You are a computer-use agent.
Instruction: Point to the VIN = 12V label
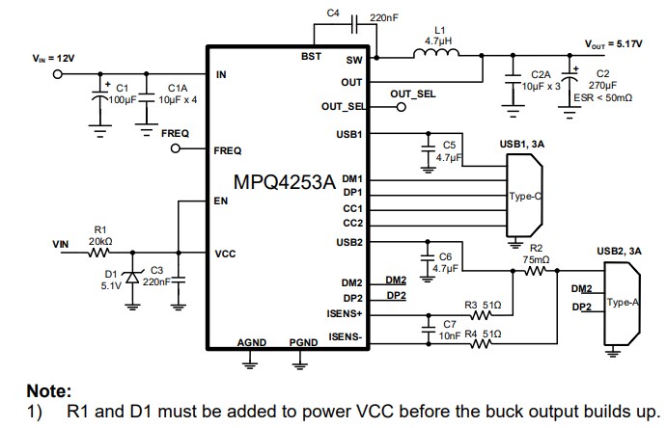click(53, 59)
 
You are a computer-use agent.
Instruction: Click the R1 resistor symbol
click(99, 254)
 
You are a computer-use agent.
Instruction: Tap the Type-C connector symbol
click(525, 196)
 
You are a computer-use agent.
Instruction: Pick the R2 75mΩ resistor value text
click(537, 259)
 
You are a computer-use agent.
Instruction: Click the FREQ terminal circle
click(176, 148)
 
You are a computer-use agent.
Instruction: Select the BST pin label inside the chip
click(311, 57)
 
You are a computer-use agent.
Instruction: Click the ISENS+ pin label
click(345, 313)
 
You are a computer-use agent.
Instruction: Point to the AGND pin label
click(251, 342)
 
